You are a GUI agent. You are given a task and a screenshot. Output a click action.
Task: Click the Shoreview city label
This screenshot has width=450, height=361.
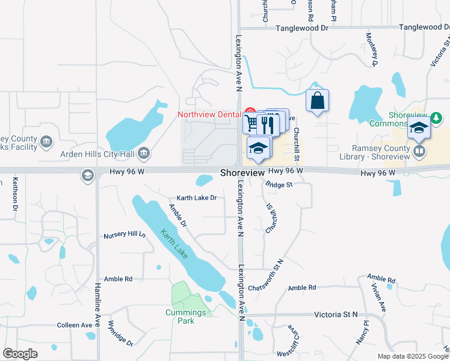click(242, 173)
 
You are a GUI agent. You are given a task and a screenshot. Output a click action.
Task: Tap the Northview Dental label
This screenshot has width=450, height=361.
click(208, 114)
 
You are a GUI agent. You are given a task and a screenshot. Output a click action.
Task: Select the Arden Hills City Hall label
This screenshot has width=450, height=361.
click(96, 153)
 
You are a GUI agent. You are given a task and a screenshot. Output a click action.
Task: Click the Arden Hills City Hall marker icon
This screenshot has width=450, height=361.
click(143, 153)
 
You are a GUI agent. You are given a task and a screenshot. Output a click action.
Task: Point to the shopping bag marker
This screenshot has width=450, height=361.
click(317, 100)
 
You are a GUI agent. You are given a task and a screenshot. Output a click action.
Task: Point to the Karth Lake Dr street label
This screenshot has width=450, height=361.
click(196, 198)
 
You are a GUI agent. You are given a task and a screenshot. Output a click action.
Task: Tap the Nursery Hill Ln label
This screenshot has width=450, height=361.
click(125, 235)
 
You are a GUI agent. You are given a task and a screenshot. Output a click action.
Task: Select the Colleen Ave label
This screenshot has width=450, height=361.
click(75, 325)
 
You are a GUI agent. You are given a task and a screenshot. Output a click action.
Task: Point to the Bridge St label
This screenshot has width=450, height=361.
click(279, 185)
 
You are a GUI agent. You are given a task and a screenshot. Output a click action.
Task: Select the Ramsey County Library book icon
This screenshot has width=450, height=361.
click(419, 150)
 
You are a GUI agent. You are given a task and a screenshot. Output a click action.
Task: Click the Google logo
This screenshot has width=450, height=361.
click(20, 354)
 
